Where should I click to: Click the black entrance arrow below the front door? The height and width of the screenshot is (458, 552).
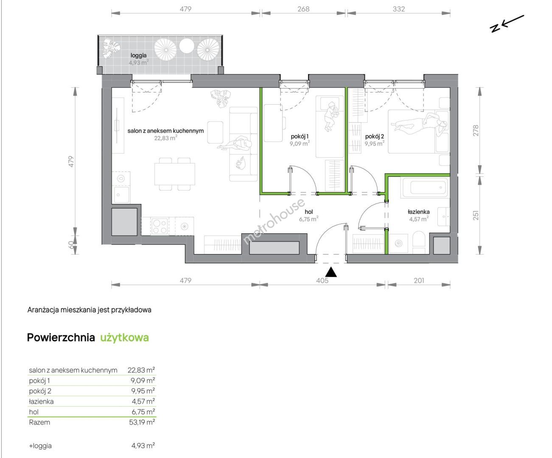point(331,272)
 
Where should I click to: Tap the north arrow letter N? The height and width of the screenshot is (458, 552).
point(495,28)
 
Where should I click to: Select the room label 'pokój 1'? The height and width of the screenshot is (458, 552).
point(300,137)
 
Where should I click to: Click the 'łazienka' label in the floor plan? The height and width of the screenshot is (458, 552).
point(418,212)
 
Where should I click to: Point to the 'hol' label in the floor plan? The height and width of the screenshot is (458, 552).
point(308,212)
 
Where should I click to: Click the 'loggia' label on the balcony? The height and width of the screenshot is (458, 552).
point(138,56)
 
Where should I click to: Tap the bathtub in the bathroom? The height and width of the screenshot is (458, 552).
point(425,187)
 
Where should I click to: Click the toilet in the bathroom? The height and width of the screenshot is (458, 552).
point(419,242)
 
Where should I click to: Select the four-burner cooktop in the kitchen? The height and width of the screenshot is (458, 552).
point(160,226)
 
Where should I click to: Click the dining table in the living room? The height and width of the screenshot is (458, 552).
point(175,174)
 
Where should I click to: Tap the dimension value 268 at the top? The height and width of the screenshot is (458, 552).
point(303,9)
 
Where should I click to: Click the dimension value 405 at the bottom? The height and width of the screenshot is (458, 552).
point(322,281)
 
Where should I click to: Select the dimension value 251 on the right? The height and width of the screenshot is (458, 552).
point(476,215)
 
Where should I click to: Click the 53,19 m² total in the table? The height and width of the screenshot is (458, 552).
point(142,422)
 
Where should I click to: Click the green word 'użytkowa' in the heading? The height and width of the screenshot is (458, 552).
point(124,338)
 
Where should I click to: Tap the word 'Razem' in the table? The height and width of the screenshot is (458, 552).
point(39,422)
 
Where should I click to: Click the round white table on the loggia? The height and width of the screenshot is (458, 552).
point(187,46)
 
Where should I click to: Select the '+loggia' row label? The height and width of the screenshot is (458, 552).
point(40,446)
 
